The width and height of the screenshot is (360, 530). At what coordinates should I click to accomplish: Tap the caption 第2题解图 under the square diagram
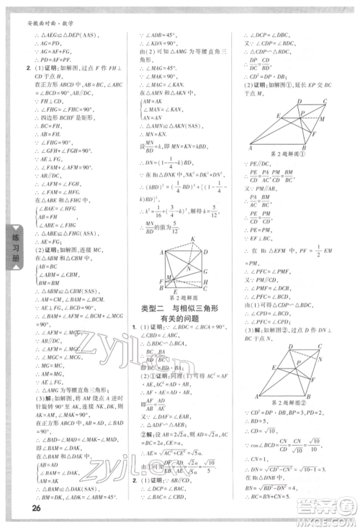click(x=182, y=297)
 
